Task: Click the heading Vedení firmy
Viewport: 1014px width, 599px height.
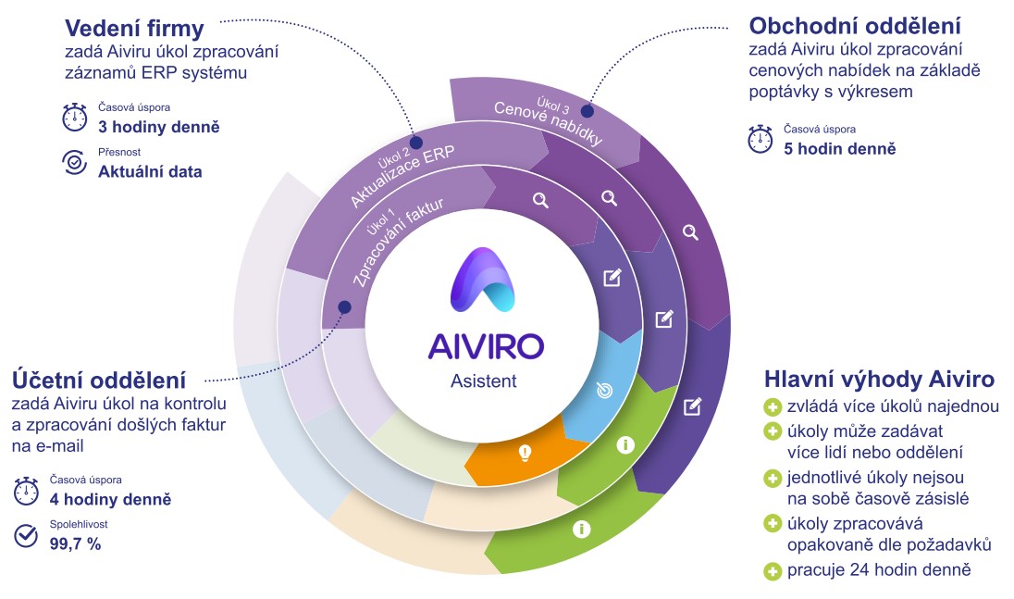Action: point(134,29)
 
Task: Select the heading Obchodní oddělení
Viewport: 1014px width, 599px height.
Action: point(855,26)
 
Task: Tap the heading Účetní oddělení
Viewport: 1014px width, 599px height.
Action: point(99,380)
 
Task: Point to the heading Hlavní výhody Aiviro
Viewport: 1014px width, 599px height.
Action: point(880,379)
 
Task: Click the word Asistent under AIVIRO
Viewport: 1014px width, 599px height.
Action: point(484,381)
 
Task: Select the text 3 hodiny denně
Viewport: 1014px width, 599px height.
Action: point(159,127)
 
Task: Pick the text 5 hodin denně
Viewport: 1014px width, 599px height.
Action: point(840,149)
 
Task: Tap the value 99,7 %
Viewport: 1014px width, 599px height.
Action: point(76,544)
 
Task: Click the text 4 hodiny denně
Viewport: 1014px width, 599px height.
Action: point(111,499)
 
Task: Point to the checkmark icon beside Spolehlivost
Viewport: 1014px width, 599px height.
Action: point(26,536)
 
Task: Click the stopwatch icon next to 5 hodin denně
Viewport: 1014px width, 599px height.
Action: point(760,139)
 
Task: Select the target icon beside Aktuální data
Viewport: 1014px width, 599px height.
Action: point(74,163)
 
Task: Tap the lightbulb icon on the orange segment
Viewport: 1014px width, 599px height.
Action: point(526,453)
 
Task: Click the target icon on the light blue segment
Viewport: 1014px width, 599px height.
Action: point(605,390)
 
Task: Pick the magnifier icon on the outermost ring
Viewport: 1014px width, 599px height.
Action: point(691,232)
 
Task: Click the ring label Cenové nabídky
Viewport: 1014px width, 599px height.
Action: point(549,123)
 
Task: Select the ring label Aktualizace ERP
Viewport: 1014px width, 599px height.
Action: point(402,175)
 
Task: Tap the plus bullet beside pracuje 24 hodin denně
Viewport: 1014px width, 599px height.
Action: point(773,571)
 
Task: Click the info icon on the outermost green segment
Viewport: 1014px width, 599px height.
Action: point(581,530)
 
